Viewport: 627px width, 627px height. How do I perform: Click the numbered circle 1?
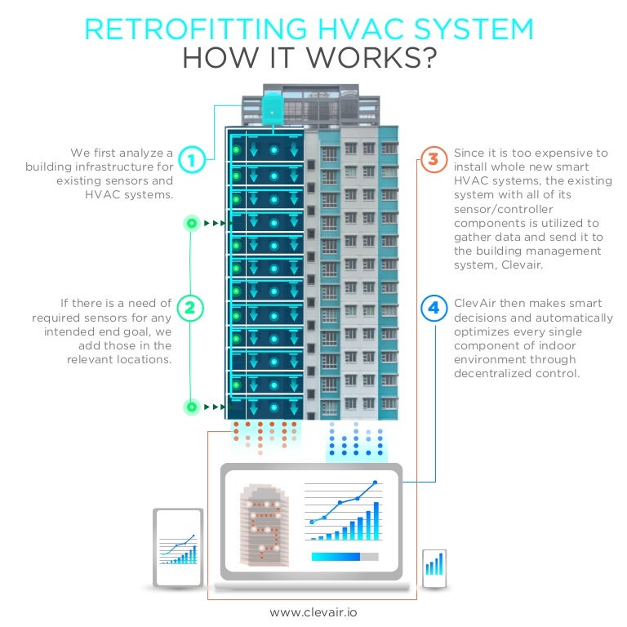[x=191, y=160]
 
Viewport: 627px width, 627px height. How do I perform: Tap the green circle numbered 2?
[x=190, y=308]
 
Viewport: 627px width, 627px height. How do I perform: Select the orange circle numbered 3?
[x=434, y=158]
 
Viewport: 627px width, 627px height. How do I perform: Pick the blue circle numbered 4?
[x=434, y=308]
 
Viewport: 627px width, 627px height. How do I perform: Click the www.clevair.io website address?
[x=313, y=611]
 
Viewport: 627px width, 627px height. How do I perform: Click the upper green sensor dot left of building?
[x=191, y=223]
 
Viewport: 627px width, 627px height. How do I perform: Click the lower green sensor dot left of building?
[x=191, y=406]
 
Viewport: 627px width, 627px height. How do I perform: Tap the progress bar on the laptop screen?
[x=344, y=557]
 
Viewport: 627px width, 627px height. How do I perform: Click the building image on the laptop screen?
[x=264, y=522]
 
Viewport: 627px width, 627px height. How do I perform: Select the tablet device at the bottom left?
[x=178, y=547]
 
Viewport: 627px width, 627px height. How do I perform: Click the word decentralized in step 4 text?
[x=495, y=373]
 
